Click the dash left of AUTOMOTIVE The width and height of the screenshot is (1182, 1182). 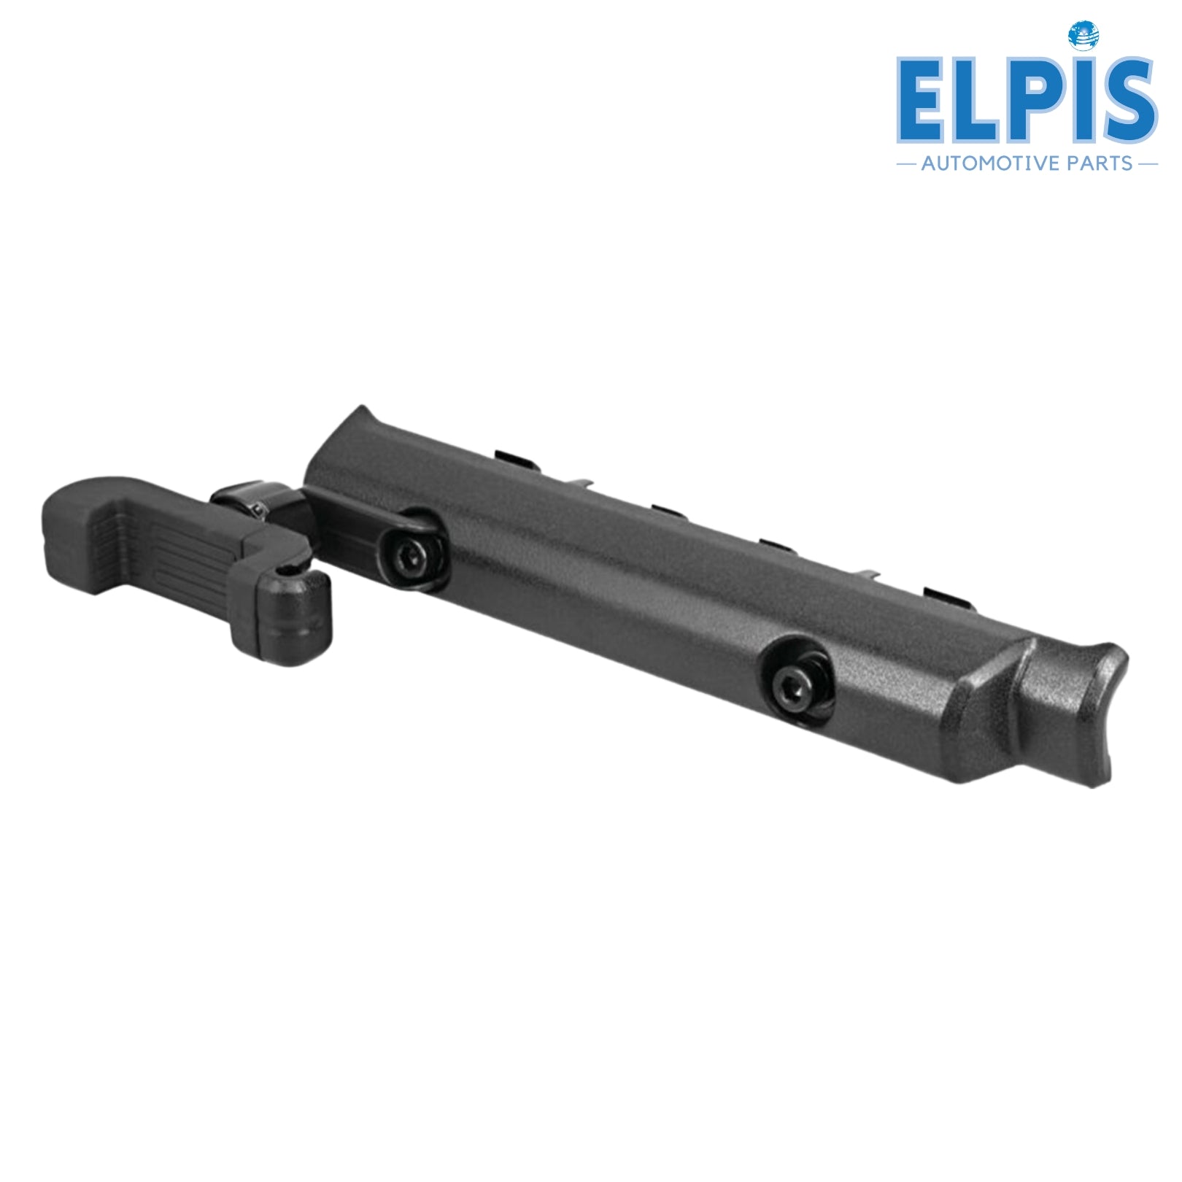(907, 164)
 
